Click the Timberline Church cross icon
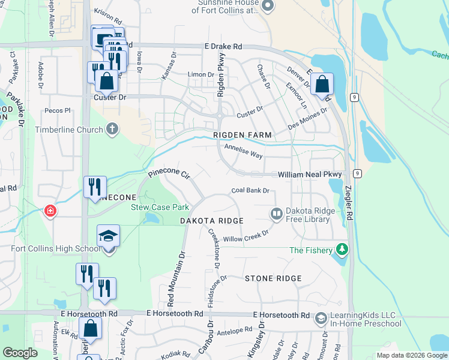click(x=112, y=129)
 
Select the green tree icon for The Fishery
click(x=342, y=249)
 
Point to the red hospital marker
click(x=50, y=211)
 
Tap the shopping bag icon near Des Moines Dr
click(x=322, y=85)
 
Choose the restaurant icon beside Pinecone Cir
click(x=95, y=187)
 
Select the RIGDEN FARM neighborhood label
click(x=243, y=136)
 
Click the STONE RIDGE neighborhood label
click(x=273, y=278)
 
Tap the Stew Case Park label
click(x=160, y=208)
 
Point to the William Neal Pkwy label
click(x=309, y=175)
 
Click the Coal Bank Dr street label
click(x=250, y=191)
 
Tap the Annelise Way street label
click(x=243, y=151)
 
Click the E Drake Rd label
click(x=223, y=46)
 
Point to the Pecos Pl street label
click(x=59, y=111)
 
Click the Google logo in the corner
click(x=20, y=353)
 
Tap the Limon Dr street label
click(x=201, y=74)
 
